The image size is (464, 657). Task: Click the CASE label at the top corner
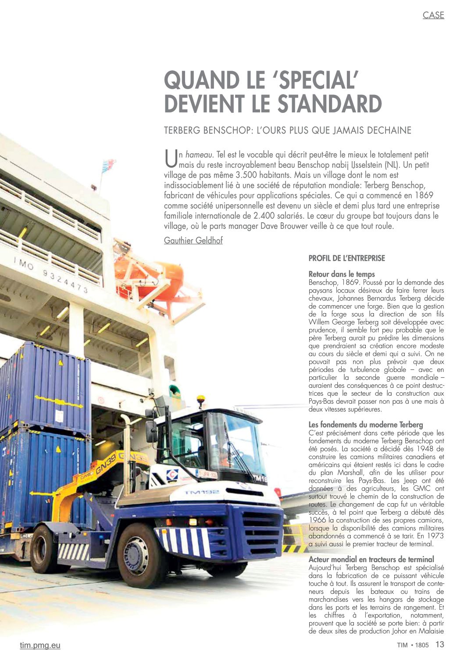point(433,15)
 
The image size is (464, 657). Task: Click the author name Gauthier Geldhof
point(193,240)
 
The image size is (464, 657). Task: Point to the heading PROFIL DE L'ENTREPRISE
point(346,258)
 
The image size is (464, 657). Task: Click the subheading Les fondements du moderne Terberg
point(365,425)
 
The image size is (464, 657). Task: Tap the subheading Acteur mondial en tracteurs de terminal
point(371,559)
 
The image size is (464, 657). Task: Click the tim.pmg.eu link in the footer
point(40,645)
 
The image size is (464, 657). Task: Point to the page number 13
point(439,644)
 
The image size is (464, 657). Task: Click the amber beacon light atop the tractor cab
point(201,399)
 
